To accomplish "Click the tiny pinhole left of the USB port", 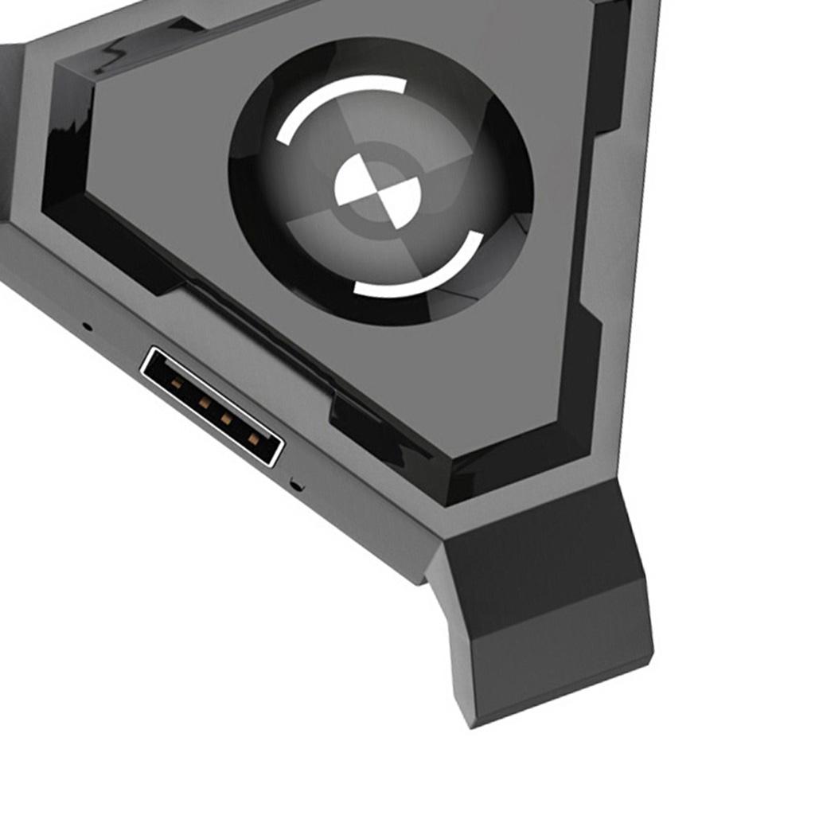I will coord(88,326).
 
